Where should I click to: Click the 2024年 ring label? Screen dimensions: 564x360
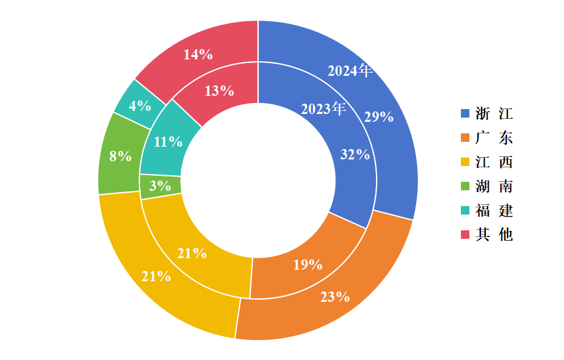pyautogui.click(x=350, y=70)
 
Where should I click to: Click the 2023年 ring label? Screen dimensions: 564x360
pyautogui.click(x=323, y=108)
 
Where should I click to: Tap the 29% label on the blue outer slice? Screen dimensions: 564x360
pyautogui.click(x=379, y=117)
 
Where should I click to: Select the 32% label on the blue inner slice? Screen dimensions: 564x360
pyautogui.click(x=355, y=155)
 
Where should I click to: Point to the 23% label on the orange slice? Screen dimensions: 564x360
pyautogui.click(x=335, y=297)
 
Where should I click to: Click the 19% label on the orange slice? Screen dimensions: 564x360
pyautogui.click(x=307, y=265)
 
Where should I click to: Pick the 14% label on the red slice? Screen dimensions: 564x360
pyautogui.click(x=198, y=55)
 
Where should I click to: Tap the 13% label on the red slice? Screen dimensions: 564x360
pyautogui.click(x=219, y=91)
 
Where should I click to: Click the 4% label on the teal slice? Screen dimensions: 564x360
pyautogui.click(x=140, y=105)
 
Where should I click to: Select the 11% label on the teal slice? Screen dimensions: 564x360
pyautogui.click(x=168, y=142)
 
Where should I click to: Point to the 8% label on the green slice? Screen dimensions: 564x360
pyautogui.click(x=120, y=156)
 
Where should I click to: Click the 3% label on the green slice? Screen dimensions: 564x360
pyautogui.click(x=159, y=185)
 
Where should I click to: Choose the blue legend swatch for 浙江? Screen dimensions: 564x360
pyautogui.click(x=465, y=113)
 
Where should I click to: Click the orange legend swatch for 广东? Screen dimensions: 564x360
pyautogui.click(x=465, y=138)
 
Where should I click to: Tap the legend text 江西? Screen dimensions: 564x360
pyautogui.click(x=494, y=162)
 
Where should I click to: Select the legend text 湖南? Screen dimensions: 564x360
pyautogui.click(x=494, y=186)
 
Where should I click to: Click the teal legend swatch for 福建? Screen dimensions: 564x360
pyautogui.click(x=465, y=210)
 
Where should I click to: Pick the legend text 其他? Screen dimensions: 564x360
pyautogui.click(x=494, y=235)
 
